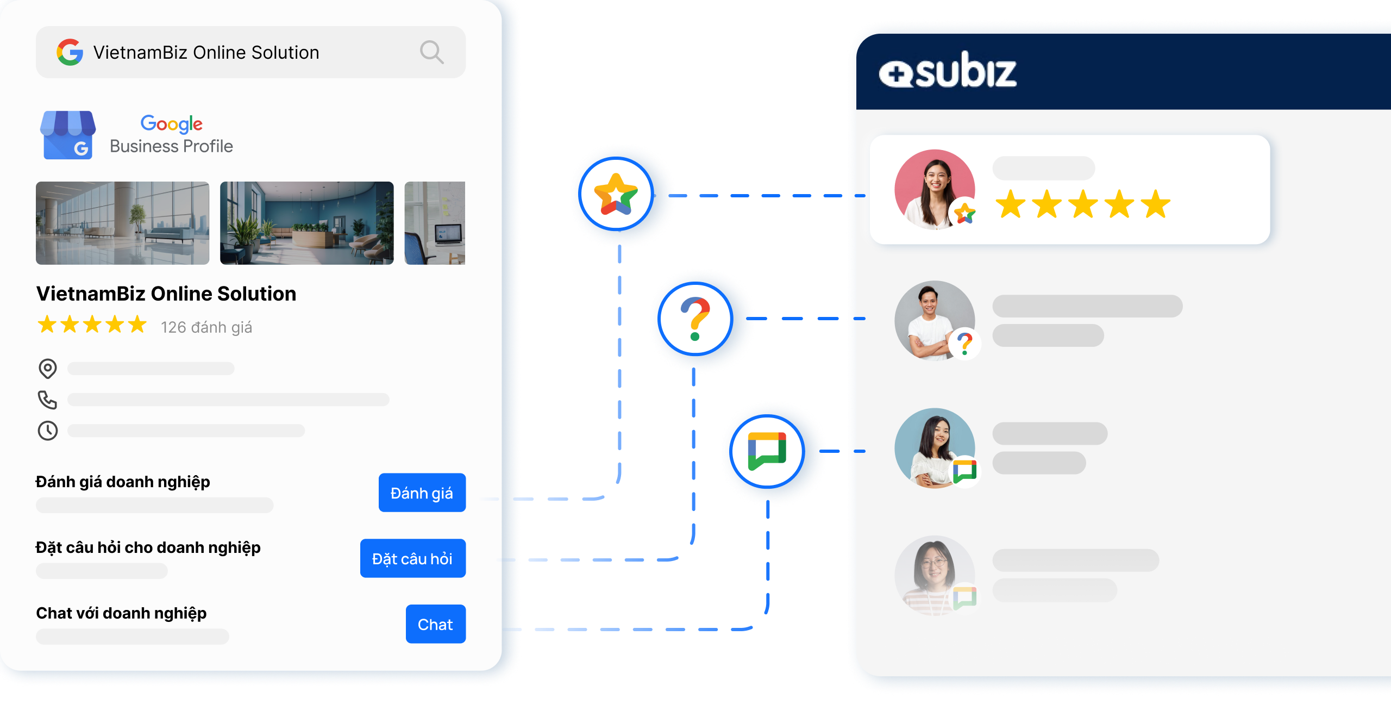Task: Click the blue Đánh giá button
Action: [x=422, y=493]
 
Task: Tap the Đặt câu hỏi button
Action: [x=412, y=558]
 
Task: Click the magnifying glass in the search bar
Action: [x=431, y=52]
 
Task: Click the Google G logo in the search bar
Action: [x=70, y=52]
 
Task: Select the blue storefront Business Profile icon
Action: [x=68, y=135]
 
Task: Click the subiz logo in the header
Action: [x=948, y=71]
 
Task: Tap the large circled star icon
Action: [x=616, y=194]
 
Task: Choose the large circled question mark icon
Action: [x=695, y=319]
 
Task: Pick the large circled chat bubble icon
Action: [x=767, y=451]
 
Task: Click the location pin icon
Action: [x=48, y=369]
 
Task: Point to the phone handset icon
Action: [x=48, y=400]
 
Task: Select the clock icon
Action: [x=48, y=431]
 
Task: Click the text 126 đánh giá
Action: [x=206, y=327]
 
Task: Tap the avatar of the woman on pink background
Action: [x=934, y=189]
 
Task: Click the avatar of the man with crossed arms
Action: [x=934, y=320]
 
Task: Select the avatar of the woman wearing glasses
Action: [x=934, y=575]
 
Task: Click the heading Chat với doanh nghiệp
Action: [x=121, y=613]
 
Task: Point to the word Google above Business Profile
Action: [x=171, y=124]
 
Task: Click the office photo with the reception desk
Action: [x=306, y=223]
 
